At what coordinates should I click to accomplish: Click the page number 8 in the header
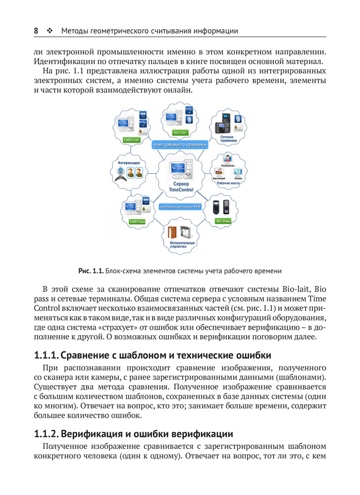pos(36,31)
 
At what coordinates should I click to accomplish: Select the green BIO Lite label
pos(179,133)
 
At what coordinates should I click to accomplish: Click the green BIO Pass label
pos(223,221)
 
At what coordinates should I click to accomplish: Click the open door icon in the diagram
pos(172,233)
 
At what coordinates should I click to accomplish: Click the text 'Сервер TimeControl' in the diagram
pos(180,187)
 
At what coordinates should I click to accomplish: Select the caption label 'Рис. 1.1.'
pos(91,271)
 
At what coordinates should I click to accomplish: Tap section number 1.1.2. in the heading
pos(48,435)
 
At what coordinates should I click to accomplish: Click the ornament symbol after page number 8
pos(50,31)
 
